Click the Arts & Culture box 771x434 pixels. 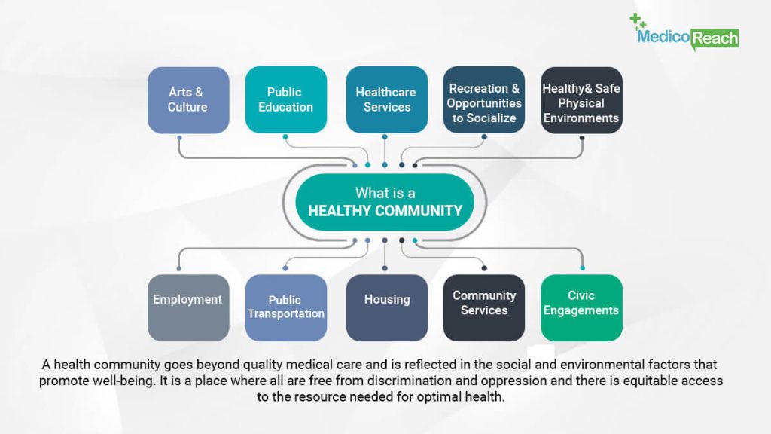click(x=188, y=100)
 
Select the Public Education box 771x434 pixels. click(x=286, y=100)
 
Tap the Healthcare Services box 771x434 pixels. click(x=387, y=100)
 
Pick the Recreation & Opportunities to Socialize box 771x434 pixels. click(x=484, y=100)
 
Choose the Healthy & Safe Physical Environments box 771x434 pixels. click(x=582, y=100)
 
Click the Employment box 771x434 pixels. click(x=188, y=308)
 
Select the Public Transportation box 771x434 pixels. click(x=286, y=308)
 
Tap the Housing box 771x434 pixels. click(x=387, y=308)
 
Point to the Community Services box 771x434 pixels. click(x=484, y=308)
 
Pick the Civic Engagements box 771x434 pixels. click(x=582, y=308)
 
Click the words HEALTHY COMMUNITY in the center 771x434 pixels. click(x=385, y=211)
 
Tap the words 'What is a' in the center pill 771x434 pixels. click(x=385, y=193)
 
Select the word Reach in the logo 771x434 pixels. click(x=715, y=38)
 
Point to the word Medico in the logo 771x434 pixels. click(x=663, y=36)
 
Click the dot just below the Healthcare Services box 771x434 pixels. click(x=385, y=137)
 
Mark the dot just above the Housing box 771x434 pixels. click(x=385, y=268)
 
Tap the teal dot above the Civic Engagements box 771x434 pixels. click(x=582, y=268)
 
